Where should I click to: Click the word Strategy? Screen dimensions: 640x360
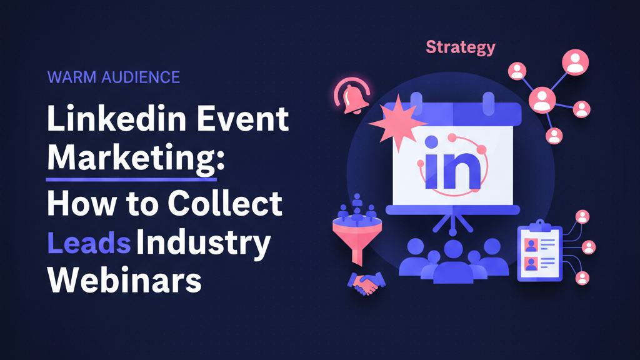pyautogui.click(x=461, y=47)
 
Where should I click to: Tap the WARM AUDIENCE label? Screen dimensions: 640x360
pyautogui.click(x=114, y=77)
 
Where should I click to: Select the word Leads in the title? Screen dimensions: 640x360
pyautogui.click(x=89, y=242)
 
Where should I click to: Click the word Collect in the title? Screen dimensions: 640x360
pyautogui.click(x=225, y=203)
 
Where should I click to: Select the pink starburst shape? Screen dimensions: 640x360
pyautogui.click(x=397, y=122)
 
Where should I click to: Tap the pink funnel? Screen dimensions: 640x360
pyautogui.click(x=357, y=240)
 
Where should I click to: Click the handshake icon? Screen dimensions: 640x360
pyautogui.click(x=366, y=283)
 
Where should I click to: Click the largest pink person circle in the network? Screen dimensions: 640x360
pyautogui.click(x=575, y=62)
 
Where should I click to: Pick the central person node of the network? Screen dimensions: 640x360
pyautogui.click(x=542, y=101)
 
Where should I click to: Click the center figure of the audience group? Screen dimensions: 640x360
pyautogui.click(x=452, y=262)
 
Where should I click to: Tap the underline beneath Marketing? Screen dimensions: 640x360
pyautogui.click(x=131, y=179)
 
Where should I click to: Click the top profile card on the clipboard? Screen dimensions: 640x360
pyautogui.click(x=539, y=244)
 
